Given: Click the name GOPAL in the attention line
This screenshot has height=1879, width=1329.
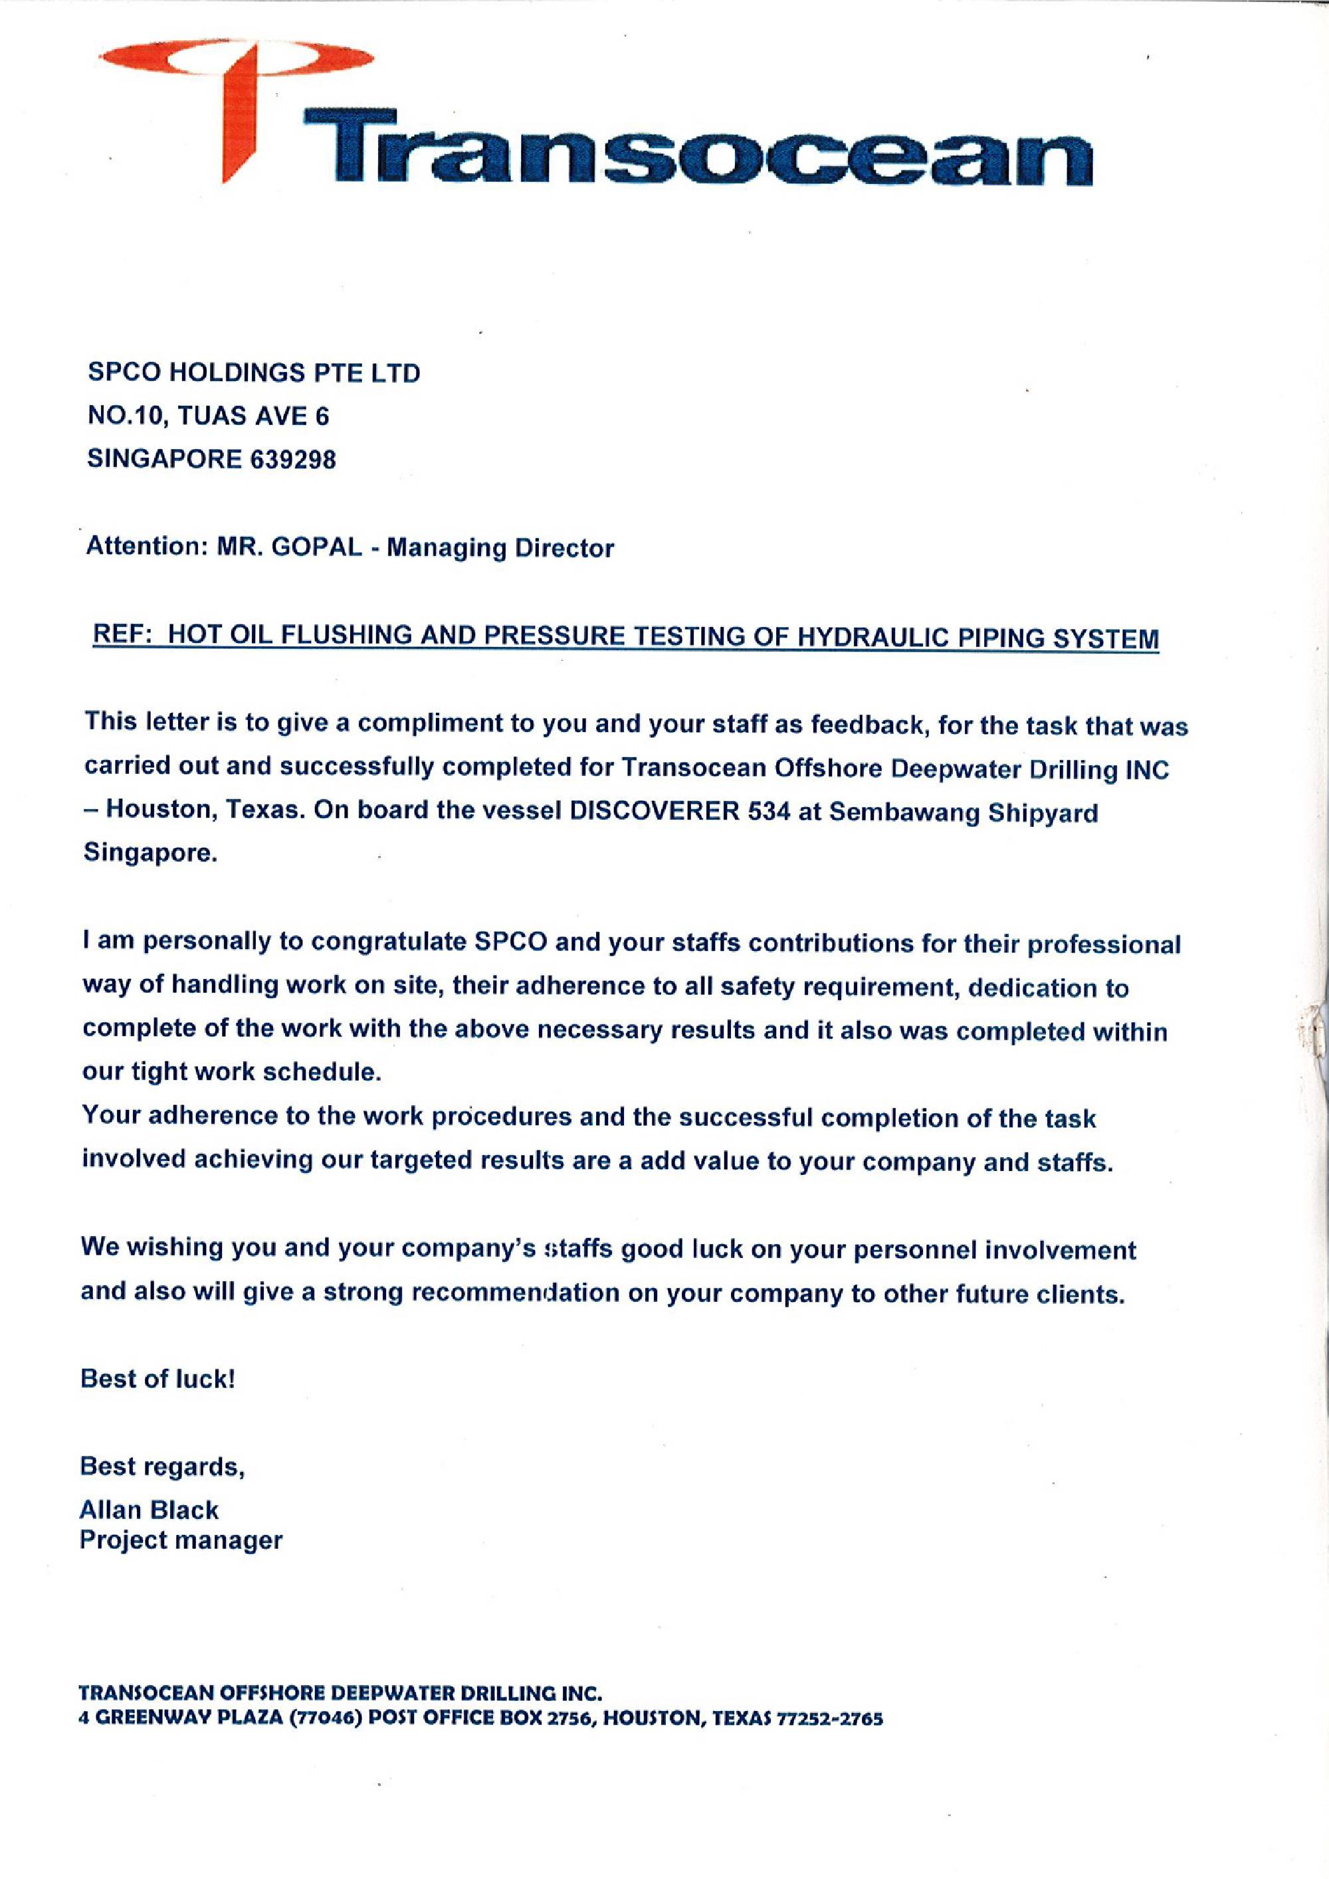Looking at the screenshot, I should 316,547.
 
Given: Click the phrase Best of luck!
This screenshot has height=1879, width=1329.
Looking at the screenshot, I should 157,1379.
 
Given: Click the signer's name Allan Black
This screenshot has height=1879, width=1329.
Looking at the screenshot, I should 149,1510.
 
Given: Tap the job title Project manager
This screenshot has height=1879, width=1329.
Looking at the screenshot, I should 181,1540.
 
